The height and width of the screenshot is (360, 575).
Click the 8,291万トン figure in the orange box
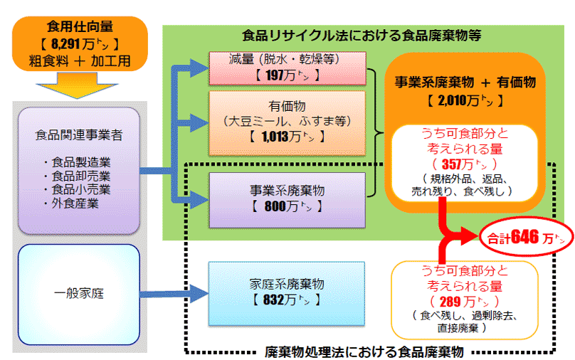pyautogui.click(x=80, y=44)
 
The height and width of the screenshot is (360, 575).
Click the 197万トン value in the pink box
pyautogui.click(x=287, y=74)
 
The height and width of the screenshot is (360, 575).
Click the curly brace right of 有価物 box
pyautogui.click(x=376, y=133)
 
